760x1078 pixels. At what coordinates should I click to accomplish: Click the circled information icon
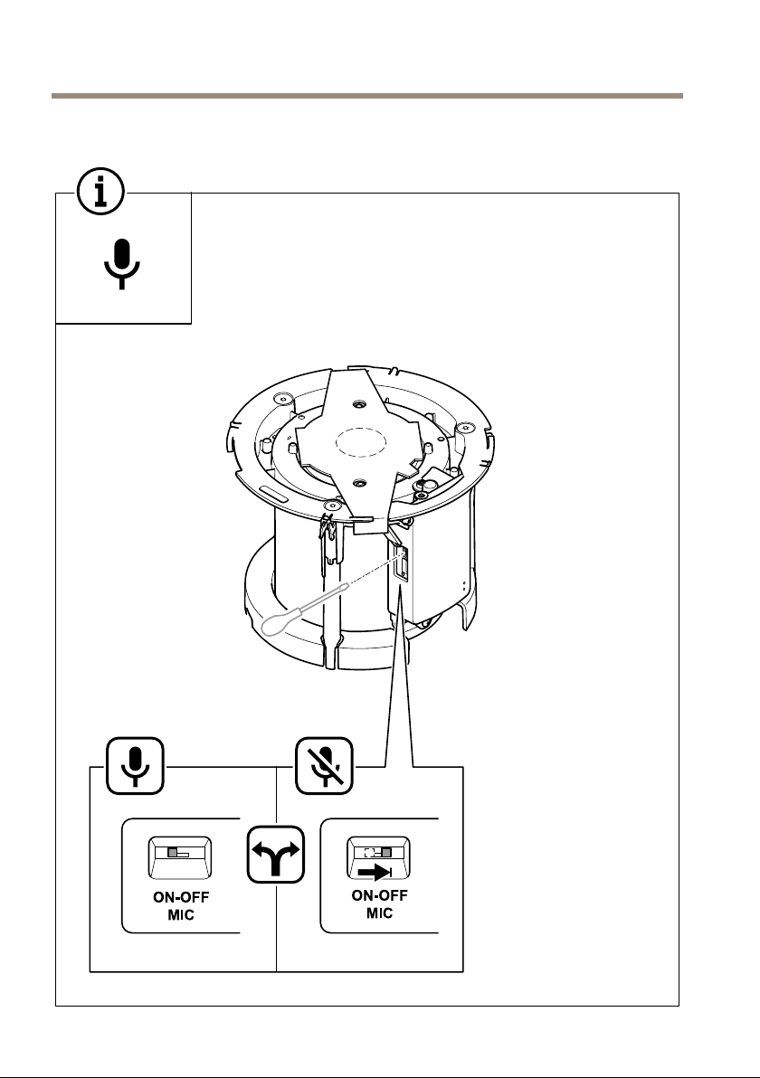101,192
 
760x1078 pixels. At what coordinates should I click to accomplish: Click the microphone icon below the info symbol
122,264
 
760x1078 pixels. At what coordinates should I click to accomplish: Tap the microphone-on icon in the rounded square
135,766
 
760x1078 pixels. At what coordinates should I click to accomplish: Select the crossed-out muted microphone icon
324,766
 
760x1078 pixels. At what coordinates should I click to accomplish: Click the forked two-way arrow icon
276,854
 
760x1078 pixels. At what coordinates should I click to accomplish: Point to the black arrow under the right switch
375,873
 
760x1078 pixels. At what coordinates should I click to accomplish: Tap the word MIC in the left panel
181,915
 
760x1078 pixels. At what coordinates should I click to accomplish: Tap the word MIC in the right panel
380,913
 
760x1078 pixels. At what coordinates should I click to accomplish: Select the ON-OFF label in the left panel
181,897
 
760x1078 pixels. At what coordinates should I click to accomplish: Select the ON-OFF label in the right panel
380,895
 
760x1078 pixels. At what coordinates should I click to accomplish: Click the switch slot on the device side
401,563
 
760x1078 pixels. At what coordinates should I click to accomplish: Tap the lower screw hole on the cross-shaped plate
358,483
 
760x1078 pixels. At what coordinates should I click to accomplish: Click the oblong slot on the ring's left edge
275,494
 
